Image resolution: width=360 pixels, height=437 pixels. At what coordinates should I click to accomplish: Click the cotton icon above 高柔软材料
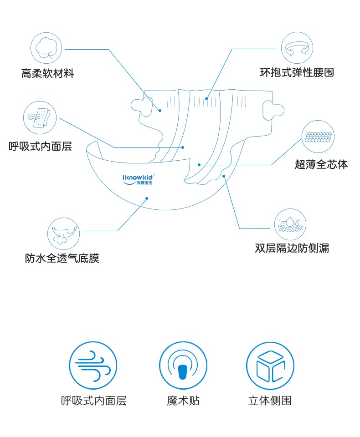click(x=46, y=48)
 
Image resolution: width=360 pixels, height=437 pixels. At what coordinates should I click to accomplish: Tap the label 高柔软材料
click(x=47, y=73)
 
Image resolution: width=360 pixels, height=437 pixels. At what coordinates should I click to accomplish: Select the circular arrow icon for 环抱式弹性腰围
click(x=297, y=48)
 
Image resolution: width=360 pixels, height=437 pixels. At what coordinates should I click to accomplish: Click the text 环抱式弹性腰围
click(x=297, y=72)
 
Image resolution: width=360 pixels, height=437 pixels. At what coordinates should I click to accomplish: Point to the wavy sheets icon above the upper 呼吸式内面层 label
click(x=40, y=117)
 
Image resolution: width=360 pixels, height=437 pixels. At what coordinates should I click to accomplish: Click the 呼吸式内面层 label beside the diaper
click(x=41, y=147)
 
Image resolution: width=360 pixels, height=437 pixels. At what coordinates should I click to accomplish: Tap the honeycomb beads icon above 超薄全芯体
click(x=318, y=137)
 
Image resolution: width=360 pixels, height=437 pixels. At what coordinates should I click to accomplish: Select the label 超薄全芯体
click(x=321, y=165)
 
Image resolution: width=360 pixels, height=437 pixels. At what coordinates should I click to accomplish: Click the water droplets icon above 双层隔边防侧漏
click(x=290, y=224)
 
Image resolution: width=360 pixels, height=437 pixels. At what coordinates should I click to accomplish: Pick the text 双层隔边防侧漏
click(x=292, y=249)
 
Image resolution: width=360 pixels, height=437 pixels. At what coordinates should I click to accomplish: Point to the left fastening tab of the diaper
click(x=142, y=105)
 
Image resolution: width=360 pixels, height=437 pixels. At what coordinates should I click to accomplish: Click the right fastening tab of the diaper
click(x=273, y=109)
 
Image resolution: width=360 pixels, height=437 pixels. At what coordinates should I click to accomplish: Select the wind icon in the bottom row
click(x=93, y=366)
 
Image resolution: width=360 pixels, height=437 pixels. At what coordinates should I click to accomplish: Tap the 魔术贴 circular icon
click(x=183, y=366)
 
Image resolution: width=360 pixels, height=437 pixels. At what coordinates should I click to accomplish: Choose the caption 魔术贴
click(x=183, y=401)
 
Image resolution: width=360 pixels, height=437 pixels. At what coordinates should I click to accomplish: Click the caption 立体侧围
click(x=270, y=401)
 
